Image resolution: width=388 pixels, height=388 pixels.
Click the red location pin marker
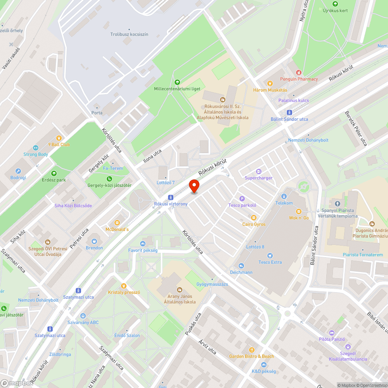[x=194, y=186]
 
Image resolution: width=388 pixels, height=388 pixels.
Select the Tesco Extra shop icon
[x=270, y=255]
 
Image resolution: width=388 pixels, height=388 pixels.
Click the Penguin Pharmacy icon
[x=298, y=72]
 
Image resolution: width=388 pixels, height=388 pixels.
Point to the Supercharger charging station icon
[x=259, y=171]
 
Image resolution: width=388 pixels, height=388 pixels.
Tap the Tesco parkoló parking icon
[x=242, y=199]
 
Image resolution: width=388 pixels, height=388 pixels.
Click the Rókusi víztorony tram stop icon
[x=171, y=197]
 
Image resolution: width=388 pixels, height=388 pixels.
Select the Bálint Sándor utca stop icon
[x=289, y=113]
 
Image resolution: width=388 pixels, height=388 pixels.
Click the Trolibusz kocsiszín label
[x=129, y=35]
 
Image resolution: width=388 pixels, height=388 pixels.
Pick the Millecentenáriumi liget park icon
[x=177, y=82]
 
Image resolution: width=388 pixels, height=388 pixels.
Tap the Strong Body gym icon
[x=36, y=147]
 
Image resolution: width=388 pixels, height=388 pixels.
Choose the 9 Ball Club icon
[x=59, y=138]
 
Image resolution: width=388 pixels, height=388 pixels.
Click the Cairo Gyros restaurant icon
[x=254, y=218]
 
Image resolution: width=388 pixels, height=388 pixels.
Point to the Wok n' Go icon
[x=298, y=211]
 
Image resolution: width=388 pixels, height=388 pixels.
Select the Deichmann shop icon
[x=241, y=266]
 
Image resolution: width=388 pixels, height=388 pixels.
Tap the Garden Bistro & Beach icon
[x=251, y=350]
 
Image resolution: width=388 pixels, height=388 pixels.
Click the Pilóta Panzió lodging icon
[x=332, y=333]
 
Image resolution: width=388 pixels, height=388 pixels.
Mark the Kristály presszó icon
[x=124, y=286]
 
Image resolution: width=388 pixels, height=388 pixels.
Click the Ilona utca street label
[x=152, y=154]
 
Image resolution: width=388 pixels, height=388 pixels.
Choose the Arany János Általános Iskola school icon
[x=180, y=289]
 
